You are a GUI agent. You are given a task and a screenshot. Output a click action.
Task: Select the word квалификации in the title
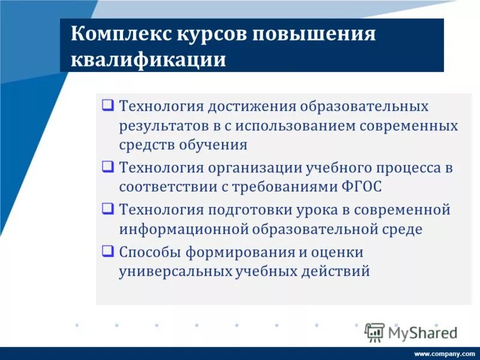(x=149, y=61)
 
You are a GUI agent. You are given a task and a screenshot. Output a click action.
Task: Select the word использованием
(x=293, y=126)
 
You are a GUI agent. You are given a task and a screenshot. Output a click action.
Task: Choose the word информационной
(x=183, y=229)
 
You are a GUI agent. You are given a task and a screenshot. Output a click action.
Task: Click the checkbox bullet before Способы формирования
(x=107, y=251)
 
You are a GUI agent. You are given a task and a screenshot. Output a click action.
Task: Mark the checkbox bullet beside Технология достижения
(x=107, y=106)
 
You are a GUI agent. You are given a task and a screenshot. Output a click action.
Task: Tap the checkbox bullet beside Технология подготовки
(x=107, y=209)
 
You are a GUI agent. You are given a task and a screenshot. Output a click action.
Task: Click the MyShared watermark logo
(x=412, y=332)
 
